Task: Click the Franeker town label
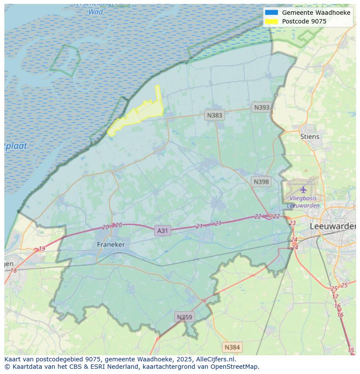110,245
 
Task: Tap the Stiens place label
310,136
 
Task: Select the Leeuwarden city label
333,226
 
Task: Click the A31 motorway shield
162,231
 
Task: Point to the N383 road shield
214,115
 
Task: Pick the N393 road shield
262,107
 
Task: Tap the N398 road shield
261,182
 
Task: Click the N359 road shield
184,317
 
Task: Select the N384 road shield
232,347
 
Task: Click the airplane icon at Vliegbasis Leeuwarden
303,189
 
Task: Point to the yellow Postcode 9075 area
139,113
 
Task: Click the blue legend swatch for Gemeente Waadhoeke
271,13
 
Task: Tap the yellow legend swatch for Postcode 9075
271,21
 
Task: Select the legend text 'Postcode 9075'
304,21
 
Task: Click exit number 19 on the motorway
42,249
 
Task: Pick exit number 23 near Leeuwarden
292,223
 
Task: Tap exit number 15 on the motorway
351,350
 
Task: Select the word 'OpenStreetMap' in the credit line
235,367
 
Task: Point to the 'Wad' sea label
95,12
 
